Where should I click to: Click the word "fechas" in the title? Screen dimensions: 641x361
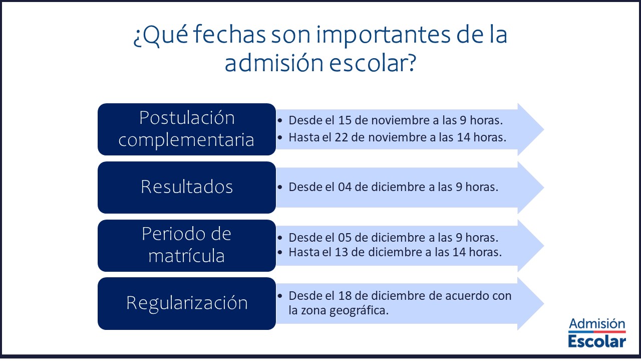pyautogui.click(x=229, y=35)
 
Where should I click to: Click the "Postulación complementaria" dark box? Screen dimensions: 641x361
pyautogui.click(x=187, y=129)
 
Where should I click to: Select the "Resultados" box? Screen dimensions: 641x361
pyautogui.click(x=187, y=188)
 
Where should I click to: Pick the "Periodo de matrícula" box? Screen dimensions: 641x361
pyautogui.click(x=187, y=246)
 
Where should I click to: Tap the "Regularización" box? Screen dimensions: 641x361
pyautogui.click(x=187, y=303)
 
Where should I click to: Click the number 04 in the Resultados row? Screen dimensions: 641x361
pyautogui.click(x=345, y=187)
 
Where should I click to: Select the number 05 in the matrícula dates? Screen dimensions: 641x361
pyautogui.click(x=345, y=238)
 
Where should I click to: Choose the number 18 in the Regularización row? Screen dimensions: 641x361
pyautogui.click(x=345, y=296)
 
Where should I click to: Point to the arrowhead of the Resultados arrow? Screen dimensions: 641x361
pyautogui.click(x=531, y=188)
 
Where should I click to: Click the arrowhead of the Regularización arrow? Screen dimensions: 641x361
pyautogui.click(x=531, y=304)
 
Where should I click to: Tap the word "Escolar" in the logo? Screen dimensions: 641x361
pyautogui.click(x=597, y=341)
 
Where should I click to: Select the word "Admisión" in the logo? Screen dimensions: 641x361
pyautogui.click(x=597, y=324)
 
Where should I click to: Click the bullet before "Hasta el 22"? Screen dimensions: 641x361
pyautogui.click(x=280, y=138)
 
